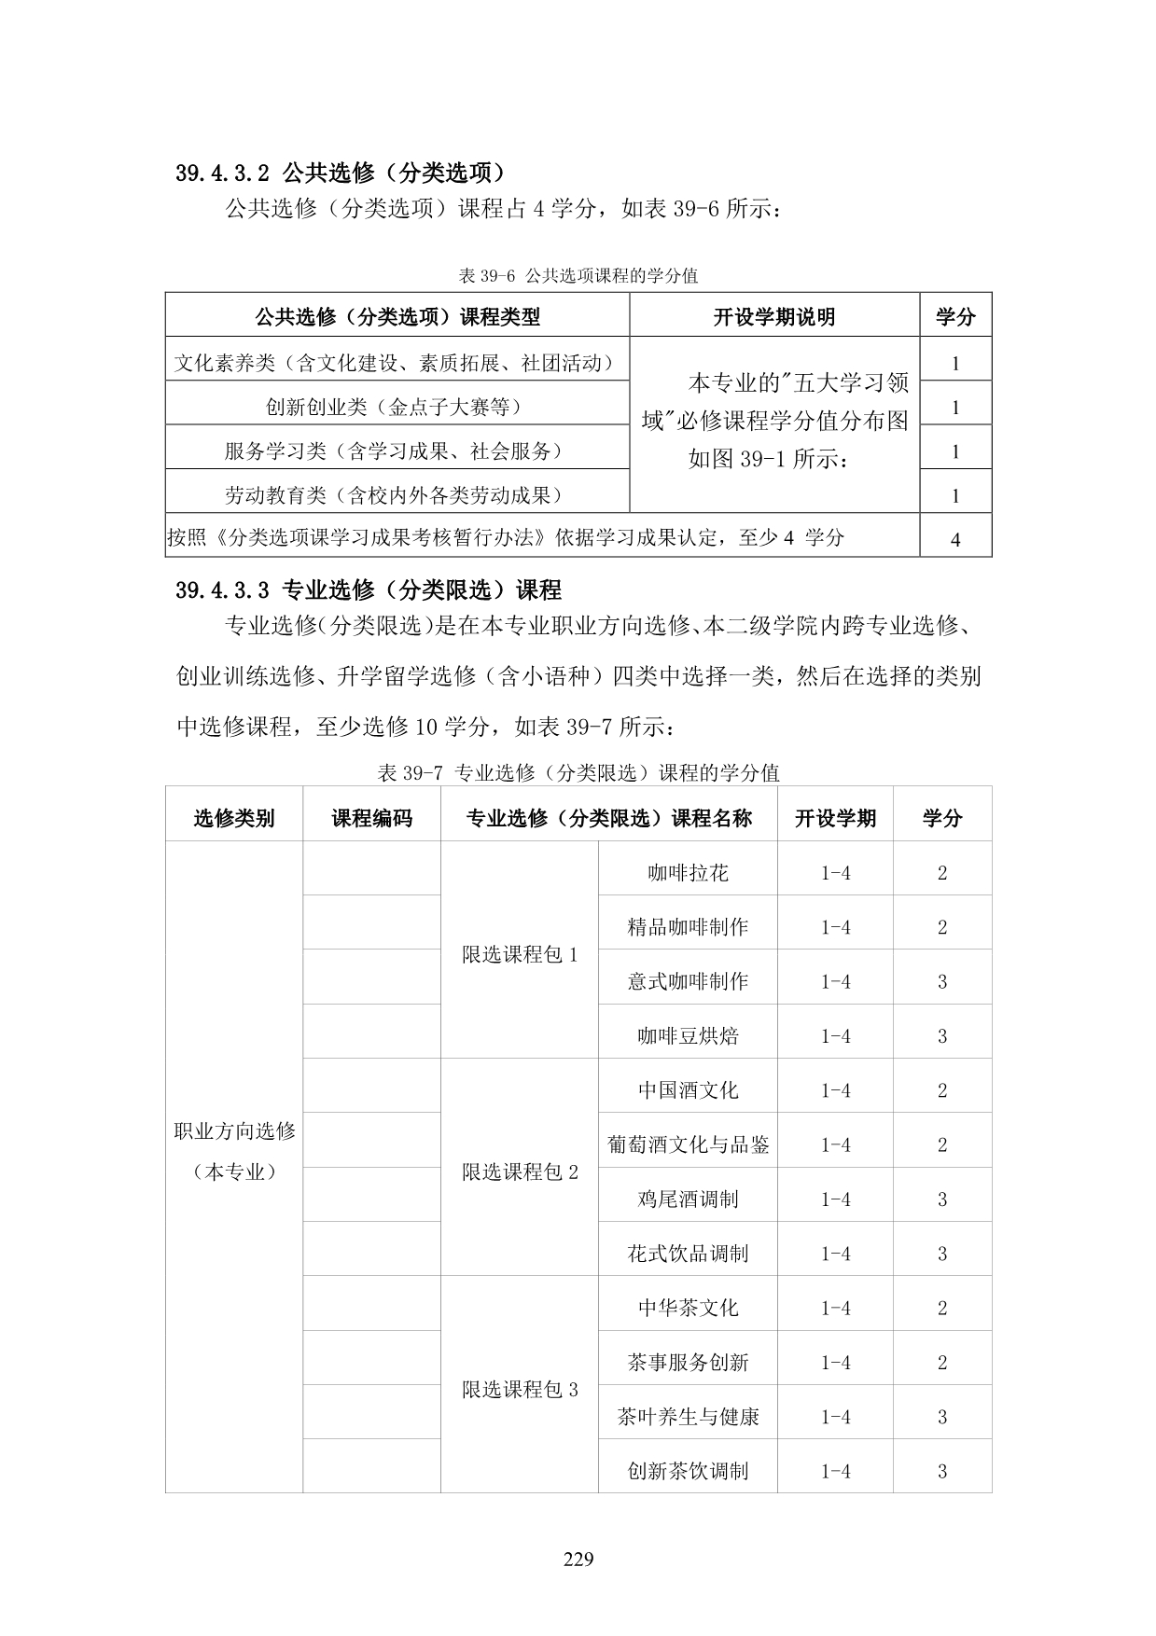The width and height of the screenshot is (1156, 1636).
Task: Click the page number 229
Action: [578, 1559]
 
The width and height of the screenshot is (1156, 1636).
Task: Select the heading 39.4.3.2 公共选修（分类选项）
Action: [341, 173]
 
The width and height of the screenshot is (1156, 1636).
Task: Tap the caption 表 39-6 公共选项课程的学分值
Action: [578, 276]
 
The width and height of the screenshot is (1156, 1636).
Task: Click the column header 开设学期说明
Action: [773, 317]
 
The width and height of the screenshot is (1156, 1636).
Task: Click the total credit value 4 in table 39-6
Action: [954, 539]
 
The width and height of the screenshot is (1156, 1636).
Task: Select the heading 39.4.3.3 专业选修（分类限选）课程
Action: [369, 589]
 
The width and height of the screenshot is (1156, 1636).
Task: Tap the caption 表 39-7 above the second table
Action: [578, 772]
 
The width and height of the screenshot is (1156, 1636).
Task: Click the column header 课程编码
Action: [371, 818]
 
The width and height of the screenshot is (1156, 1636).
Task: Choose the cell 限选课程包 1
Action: [520, 954]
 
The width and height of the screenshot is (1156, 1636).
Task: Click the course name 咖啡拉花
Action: [688, 873]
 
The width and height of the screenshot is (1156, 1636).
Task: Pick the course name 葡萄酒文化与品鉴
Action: [688, 1144]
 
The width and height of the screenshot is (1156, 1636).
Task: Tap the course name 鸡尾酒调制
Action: [688, 1199]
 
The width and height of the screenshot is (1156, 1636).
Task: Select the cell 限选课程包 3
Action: [520, 1390]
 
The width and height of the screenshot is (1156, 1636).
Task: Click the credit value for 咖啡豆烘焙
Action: [941, 1036]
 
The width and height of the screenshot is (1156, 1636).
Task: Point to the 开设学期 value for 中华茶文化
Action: [835, 1309]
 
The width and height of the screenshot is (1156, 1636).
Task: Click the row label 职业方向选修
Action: [234, 1131]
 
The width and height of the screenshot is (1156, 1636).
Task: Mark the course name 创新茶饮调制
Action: [688, 1471]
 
